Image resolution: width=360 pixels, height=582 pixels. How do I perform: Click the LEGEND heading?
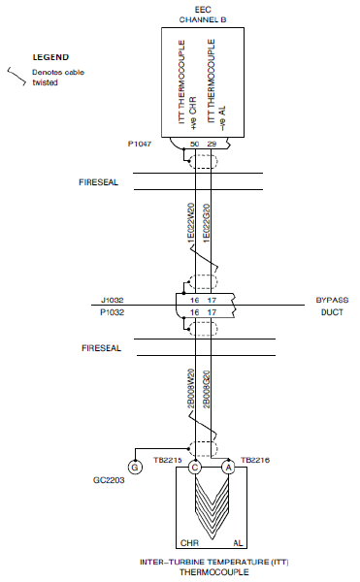(x=50, y=57)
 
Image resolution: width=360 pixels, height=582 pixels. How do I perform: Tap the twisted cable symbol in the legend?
(x=16, y=76)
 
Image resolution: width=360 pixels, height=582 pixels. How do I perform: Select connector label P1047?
(x=140, y=144)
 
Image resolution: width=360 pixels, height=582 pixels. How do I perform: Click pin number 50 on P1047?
(x=194, y=144)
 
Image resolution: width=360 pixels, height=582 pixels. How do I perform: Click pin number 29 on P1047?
(x=212, y=144)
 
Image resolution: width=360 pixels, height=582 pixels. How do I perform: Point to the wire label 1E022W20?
(x=191, y=223)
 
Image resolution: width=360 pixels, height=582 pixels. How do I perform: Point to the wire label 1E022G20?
(x=207, y=223)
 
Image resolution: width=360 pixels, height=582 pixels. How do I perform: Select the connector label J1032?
(x=113, y=300)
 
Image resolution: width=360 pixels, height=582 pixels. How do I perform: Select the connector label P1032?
(x=113, y=312)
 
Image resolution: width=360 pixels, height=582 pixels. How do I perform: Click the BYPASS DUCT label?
(x=332, y=306)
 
